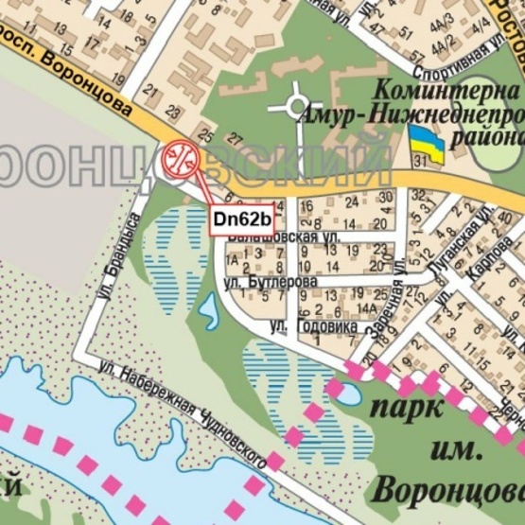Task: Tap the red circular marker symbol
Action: click(x=180, y=158)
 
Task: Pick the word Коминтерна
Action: click(x=449, y=92)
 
